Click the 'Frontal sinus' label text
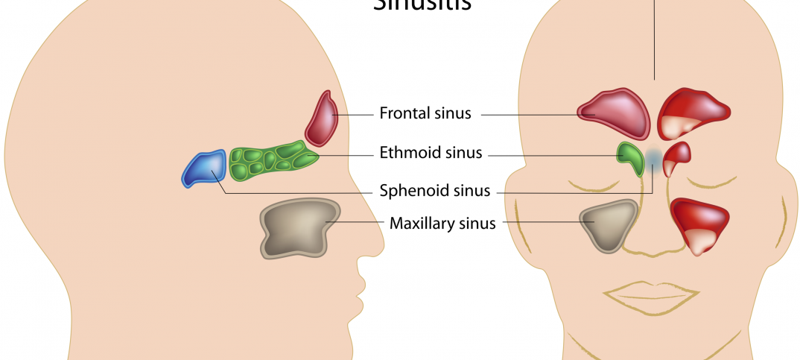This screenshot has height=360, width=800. point(425,113)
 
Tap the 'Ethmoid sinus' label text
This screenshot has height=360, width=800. point(431,154)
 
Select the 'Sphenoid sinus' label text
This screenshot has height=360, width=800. point(435,191)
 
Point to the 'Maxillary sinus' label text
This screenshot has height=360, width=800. point(442,223)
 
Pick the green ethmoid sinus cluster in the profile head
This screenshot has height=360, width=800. point(273,160)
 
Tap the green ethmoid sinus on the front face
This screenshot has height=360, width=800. point(631,157)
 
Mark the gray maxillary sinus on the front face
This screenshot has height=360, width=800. point(609,224)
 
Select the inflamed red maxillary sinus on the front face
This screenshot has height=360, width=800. point(699,224)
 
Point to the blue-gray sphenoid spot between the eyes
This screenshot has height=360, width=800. point(653,158)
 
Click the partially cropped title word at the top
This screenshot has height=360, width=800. point(421,5)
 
